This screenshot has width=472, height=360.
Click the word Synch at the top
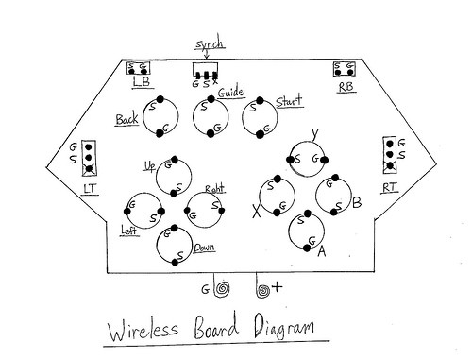210,43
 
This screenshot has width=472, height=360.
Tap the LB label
142,81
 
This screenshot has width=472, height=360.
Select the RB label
346,86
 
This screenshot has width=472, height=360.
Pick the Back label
126,119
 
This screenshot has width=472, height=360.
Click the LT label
90,188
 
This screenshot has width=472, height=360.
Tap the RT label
390,187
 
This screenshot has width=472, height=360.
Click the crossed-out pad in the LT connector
89,169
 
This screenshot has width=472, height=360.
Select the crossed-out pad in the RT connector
390,165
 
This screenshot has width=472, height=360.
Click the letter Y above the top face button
314,134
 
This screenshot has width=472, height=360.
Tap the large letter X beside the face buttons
257,211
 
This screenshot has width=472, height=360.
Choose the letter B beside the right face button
357,202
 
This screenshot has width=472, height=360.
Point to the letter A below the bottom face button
322,251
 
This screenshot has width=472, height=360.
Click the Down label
204,248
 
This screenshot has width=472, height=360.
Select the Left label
128,231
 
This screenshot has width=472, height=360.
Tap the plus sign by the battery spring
277,286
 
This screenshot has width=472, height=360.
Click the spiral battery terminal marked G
223,288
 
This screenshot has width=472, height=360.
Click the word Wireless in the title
143,329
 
